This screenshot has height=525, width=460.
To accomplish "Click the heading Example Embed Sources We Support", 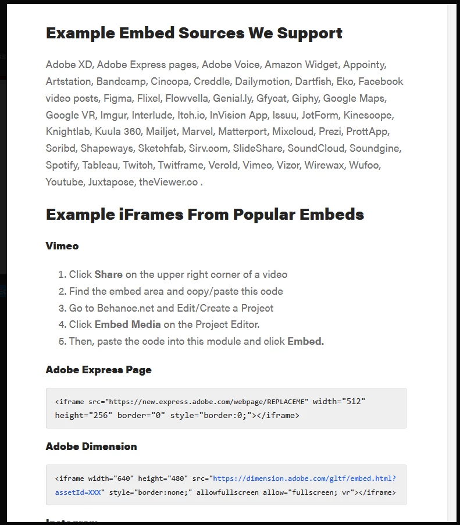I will (x=194, y=33).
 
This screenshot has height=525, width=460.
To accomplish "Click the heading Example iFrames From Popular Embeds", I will (x=205, y=215).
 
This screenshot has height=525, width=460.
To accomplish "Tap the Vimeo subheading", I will (x=62, y=246).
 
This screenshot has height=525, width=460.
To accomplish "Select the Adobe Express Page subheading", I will (x=98, y=370).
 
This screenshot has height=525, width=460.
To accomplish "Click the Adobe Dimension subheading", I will (x=91, y=447).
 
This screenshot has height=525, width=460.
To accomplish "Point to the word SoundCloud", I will (x=316, y=148).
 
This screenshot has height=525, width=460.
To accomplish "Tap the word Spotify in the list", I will (x=62, y=165).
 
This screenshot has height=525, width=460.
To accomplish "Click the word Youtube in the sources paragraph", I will (x=65, y=182).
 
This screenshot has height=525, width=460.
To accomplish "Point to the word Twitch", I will (x=137, y=165).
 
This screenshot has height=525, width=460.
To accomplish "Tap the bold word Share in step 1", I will (x=108, y=274).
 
